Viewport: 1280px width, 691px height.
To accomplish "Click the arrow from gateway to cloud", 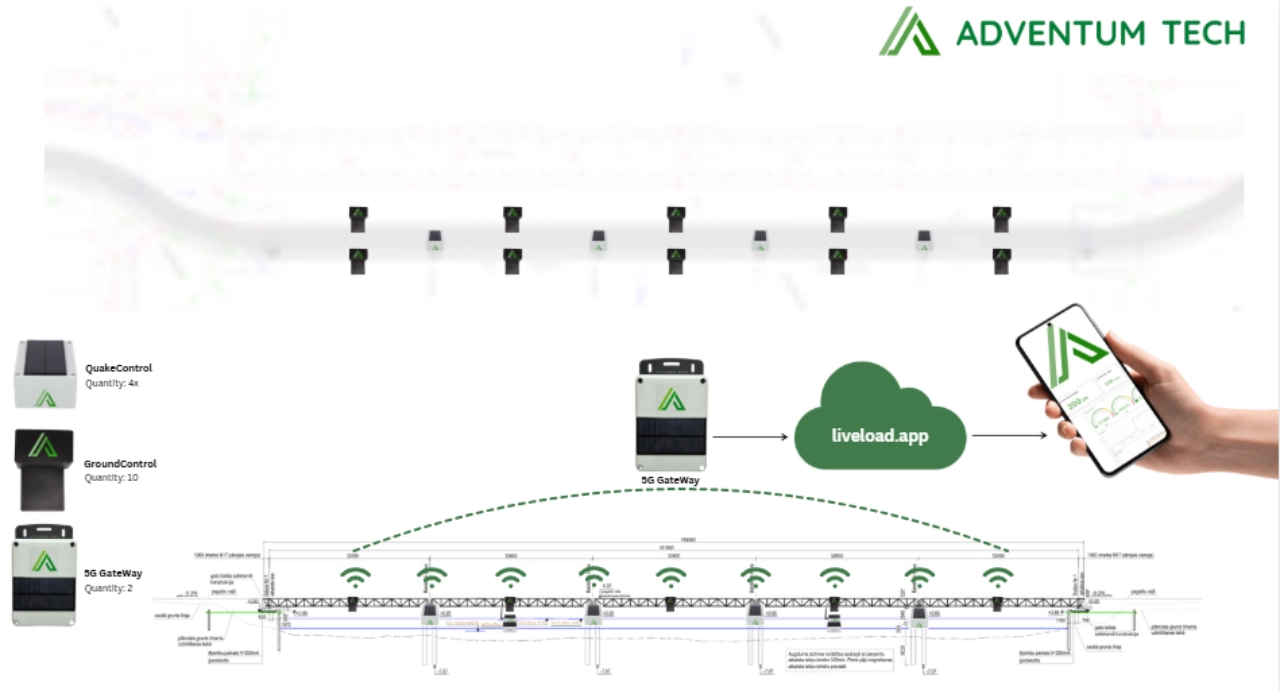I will coord(749,437).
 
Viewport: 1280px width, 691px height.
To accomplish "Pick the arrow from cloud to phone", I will coord(1009,435).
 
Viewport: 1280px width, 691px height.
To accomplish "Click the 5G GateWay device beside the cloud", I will coord(672,414).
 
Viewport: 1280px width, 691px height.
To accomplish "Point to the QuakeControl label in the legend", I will coord(118,368).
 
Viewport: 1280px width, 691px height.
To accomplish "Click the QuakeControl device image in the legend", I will coord(44,375).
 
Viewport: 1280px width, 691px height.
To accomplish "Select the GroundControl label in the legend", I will coord(120,464).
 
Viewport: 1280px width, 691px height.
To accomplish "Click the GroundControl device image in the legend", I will coord(43,470).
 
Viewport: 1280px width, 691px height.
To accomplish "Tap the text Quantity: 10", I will coord(112,478).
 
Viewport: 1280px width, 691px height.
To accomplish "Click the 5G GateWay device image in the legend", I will coord(44,575).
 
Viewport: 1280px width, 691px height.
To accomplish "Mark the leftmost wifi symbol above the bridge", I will coord(353,577).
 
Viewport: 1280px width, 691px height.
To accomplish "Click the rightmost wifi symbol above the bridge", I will coord(996,577).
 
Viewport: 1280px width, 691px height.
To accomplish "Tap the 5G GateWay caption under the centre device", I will coord(670,481).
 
